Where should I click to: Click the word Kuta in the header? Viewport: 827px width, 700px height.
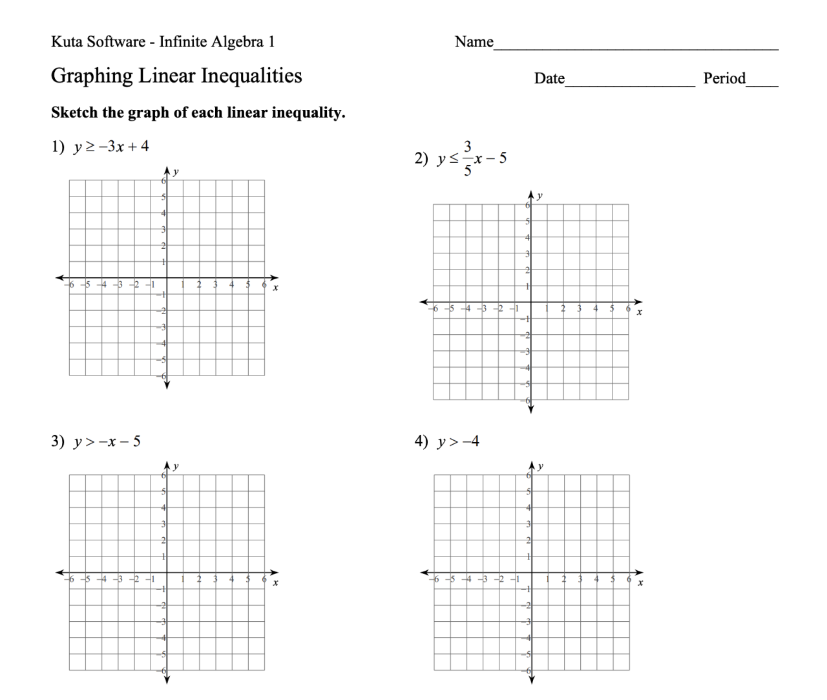click(65, 42)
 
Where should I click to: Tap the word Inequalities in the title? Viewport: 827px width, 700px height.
click(251, 76)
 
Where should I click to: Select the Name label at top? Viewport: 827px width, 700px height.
click(474, 42)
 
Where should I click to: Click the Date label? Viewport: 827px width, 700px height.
click(549, 79)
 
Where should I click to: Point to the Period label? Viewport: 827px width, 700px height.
click(724, 79)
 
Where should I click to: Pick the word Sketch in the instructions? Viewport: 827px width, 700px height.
click(74, 112)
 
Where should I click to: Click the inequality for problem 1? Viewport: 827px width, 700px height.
click(110, 147)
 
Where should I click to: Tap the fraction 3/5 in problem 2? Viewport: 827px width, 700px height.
click(468, 158)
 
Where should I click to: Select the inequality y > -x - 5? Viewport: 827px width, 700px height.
click(107, 442)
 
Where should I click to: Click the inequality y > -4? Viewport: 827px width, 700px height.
click(458, 442)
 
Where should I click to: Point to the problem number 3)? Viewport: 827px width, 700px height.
click(58, 442)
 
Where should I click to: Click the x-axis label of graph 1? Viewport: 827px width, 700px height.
click(276, 288)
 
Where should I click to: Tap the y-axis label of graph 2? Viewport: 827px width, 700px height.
click(540, 195)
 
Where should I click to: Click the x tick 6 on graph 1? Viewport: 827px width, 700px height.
click(264, 284)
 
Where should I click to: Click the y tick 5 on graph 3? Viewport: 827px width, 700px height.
click(163, 492)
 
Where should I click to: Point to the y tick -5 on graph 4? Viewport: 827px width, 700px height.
click(527, 654)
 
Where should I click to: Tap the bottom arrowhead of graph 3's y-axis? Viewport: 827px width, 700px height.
click(167, 679)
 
